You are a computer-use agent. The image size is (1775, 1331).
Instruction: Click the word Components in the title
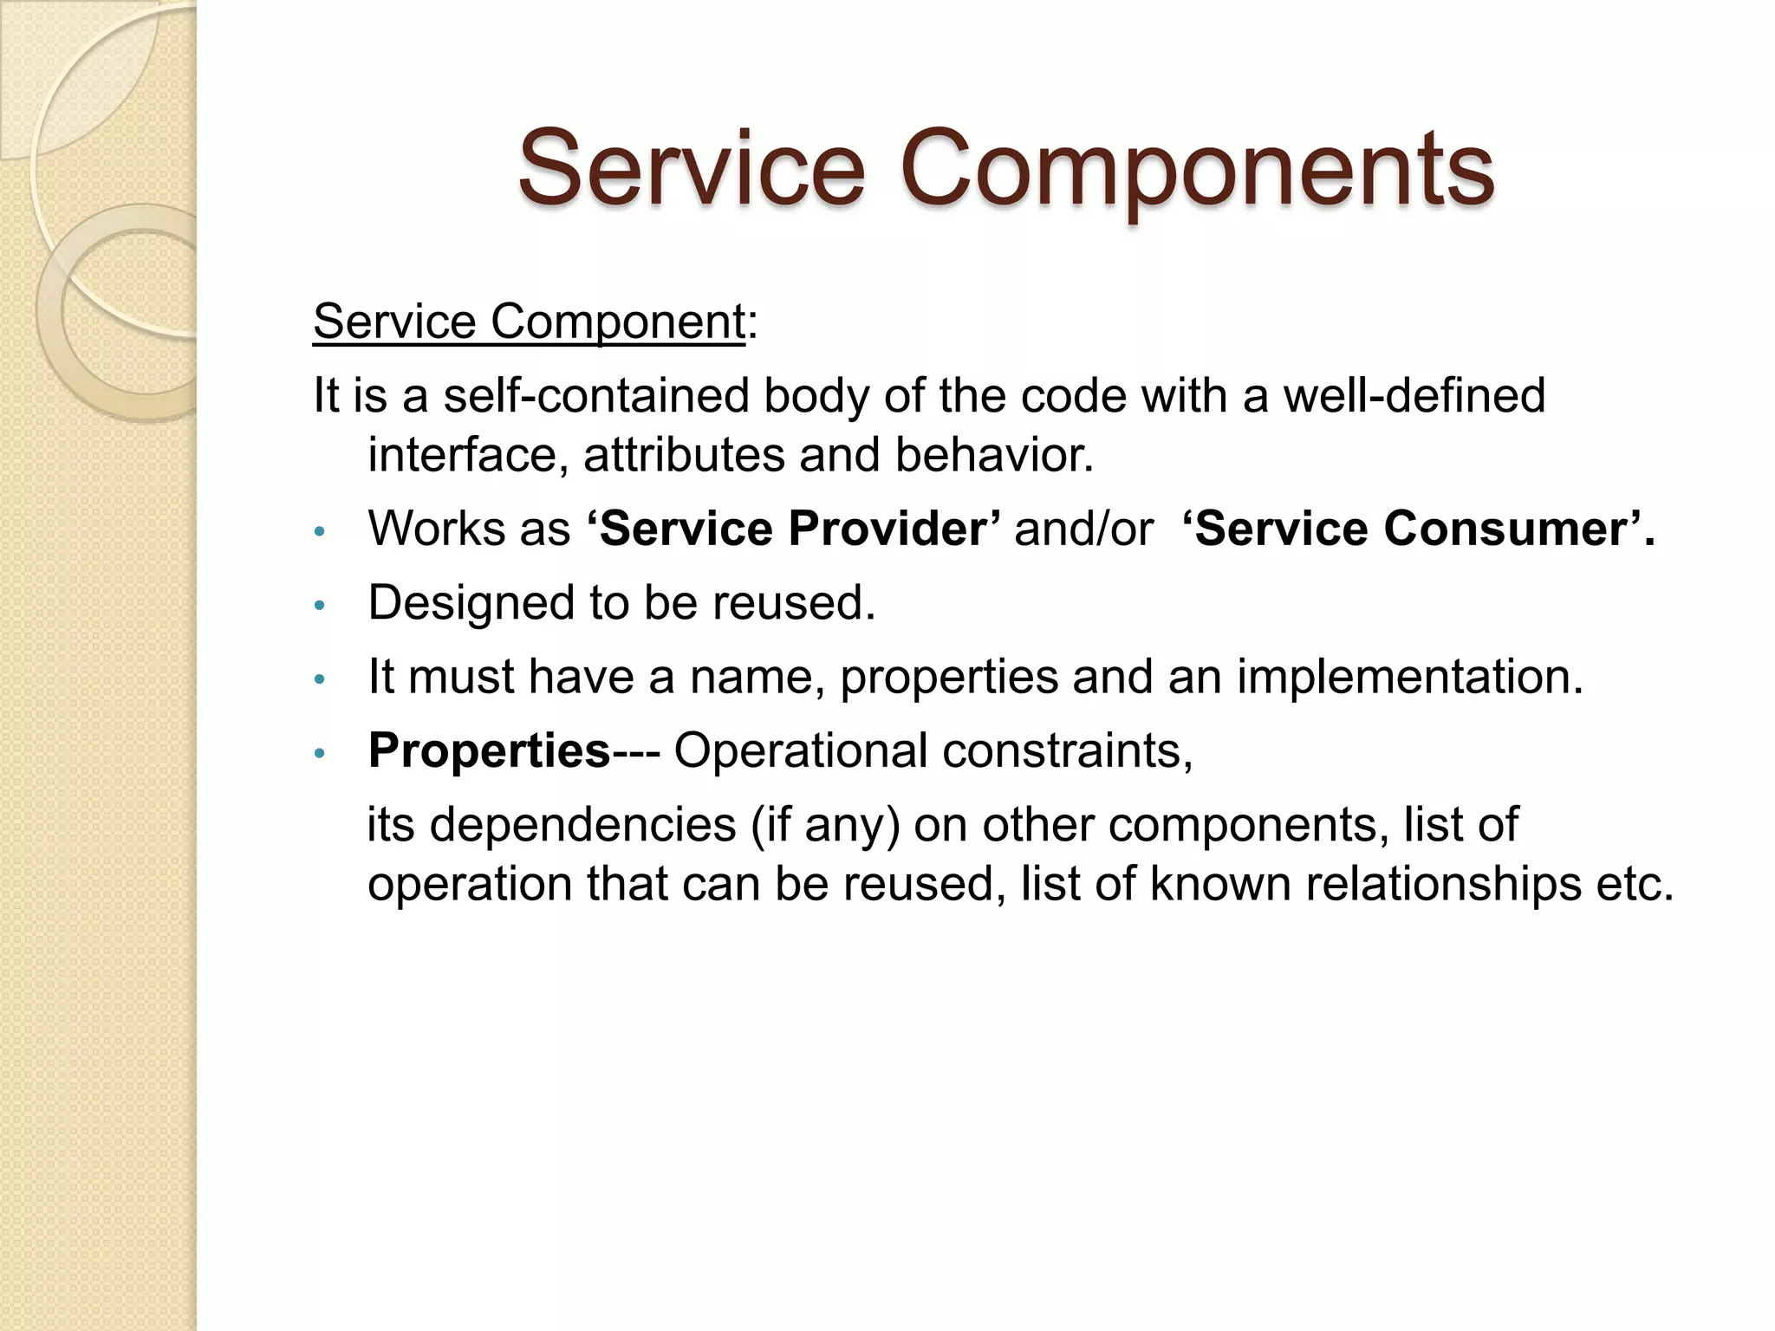(x=1196, y=169)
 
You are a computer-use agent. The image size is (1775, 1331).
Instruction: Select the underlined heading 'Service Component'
(x=529, y=322)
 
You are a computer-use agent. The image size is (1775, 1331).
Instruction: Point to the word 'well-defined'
(x=1414, y=396)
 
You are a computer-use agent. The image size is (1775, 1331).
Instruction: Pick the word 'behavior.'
(x=994, y=456)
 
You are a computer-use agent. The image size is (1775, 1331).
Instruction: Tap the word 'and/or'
(x=1083, y=529)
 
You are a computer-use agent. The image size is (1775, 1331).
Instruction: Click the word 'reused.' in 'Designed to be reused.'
(x=794, y=603)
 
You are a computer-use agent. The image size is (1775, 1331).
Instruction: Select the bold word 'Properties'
(x=490, y=750)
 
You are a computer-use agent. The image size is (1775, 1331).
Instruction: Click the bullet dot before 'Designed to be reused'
(x=319, y=606)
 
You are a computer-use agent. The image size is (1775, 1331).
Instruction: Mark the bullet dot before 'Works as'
(x=319, y=531)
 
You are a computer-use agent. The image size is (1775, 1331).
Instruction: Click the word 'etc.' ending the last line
(x=1635, y=885)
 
